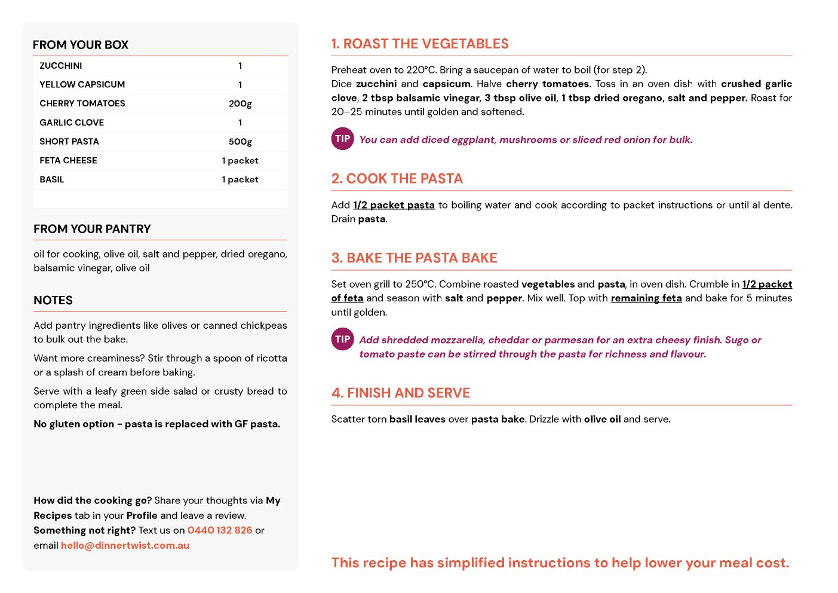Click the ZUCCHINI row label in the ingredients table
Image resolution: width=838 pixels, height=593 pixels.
click(61, 66)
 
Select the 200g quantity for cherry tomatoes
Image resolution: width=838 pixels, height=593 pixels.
click(240, 103)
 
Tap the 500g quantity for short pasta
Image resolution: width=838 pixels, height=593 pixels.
click(240, 142)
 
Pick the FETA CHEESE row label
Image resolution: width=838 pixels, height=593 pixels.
click(68, 160)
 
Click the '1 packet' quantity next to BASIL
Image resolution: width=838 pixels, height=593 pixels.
click(240, 179)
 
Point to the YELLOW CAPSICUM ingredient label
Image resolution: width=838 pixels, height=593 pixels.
click(82, 84)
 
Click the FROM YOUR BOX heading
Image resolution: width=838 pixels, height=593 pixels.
click(81, 45)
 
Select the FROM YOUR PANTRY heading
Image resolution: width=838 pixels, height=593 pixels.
click(92, 229)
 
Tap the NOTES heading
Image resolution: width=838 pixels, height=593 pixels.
click(53, 300)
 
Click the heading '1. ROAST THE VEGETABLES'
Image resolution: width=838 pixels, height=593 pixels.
click(420, 44)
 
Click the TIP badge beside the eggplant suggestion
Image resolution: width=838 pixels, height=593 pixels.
click(342, 139)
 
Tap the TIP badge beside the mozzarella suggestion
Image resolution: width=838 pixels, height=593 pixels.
click(342, 339)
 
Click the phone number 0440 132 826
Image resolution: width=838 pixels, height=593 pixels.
click(220, 530)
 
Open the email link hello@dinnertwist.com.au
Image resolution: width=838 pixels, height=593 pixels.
click(125, 545)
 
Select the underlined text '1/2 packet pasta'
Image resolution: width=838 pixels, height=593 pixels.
click(394, 205)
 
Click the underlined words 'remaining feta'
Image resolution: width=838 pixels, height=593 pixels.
click(646, 298)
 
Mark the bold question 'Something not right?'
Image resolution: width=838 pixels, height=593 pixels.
click(84, 530)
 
